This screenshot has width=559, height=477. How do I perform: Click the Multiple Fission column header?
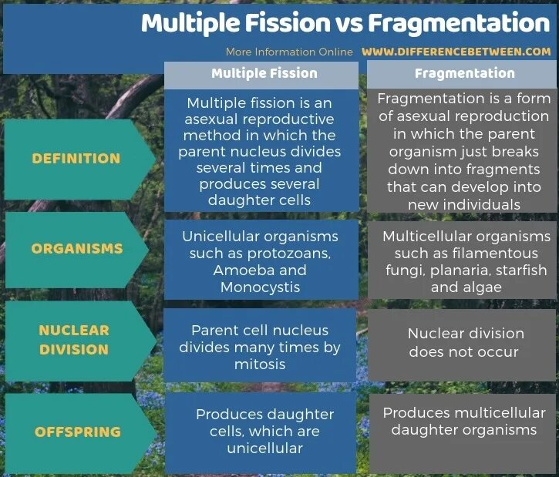pos(264,74)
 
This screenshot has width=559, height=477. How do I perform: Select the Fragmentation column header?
pos(464,74)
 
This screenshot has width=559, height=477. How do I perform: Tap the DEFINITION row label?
pos(76,159)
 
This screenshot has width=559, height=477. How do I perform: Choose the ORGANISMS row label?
pos(76,249)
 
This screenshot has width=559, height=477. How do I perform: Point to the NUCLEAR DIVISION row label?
pos(74,339)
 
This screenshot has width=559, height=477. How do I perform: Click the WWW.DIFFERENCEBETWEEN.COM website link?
pos(456,52)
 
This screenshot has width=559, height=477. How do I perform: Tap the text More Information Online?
pos(289,52)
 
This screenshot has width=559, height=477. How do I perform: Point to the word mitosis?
pos(259,364)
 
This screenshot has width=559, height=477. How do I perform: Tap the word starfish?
pos(522,270)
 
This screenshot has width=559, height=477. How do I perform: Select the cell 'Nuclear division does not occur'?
pos(465,343)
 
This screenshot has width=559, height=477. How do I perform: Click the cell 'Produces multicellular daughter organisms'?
pos(463,422)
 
